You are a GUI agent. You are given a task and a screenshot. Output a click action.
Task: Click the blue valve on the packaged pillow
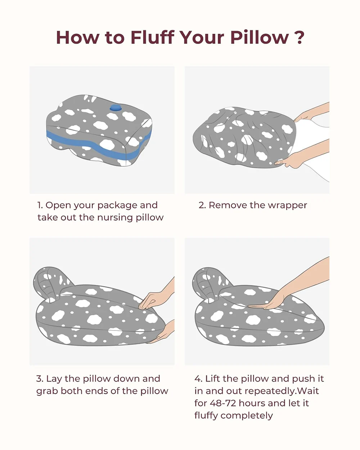tap(115, 108)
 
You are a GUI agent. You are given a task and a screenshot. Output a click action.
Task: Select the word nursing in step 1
tap(115, 218)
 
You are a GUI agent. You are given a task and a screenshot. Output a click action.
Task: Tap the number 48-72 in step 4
tap(222, 403)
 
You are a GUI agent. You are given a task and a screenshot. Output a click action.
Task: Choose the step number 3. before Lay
tap(40, 379)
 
